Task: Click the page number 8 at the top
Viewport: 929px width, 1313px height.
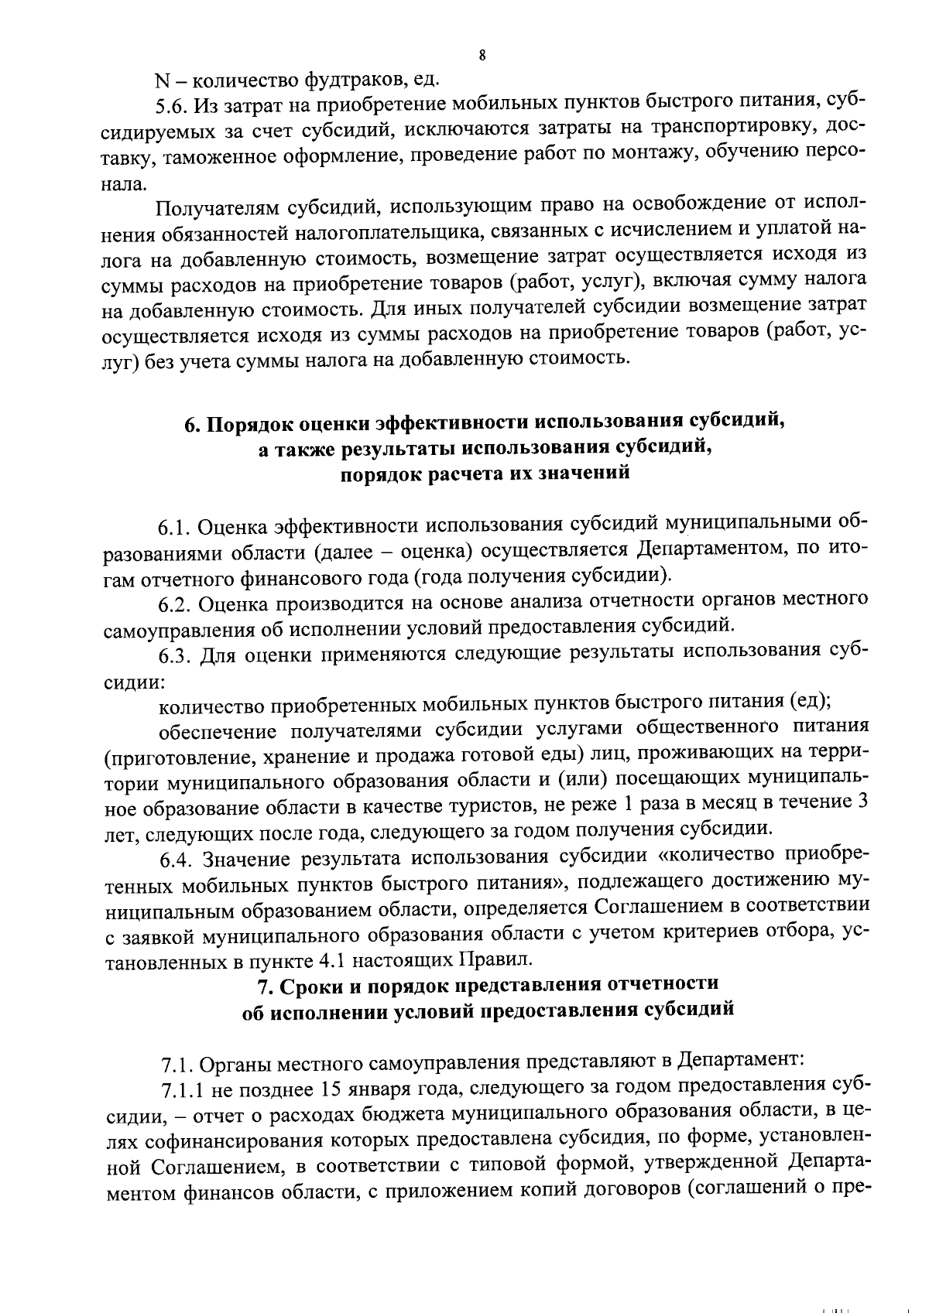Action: point(482,55)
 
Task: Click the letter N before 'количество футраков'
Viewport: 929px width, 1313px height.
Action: point(161,80)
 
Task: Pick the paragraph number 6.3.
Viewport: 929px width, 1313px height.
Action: point(174,655)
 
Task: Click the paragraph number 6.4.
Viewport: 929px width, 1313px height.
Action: point(175,859)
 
